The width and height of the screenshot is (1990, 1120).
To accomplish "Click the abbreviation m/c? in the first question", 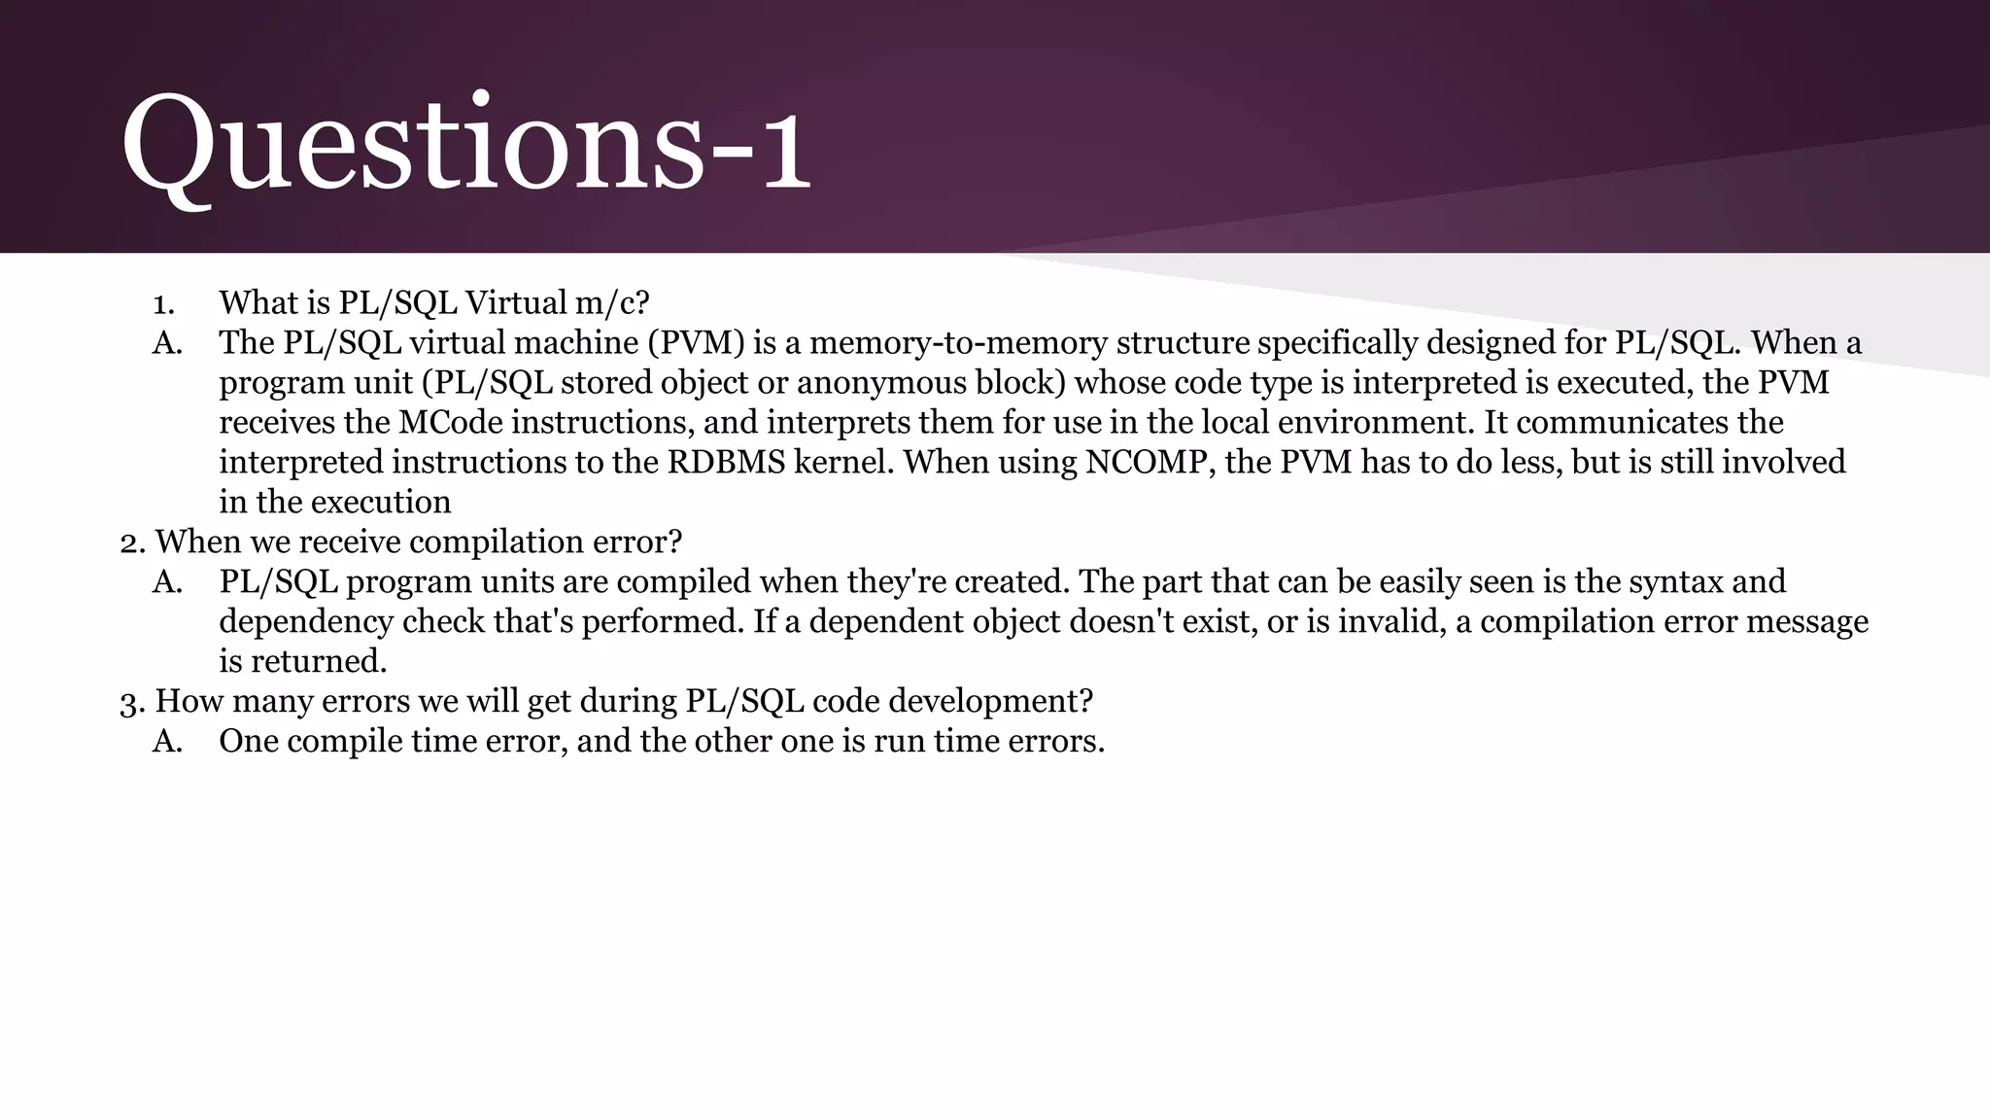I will pos(611,303).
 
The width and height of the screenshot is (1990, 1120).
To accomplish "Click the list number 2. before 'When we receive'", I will pos(132,542).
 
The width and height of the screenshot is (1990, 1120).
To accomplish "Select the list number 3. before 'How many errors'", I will pos(132,702).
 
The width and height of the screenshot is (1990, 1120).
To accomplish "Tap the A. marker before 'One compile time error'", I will pos(167,742).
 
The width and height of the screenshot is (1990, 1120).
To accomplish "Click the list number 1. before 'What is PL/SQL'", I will pos(163,303).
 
